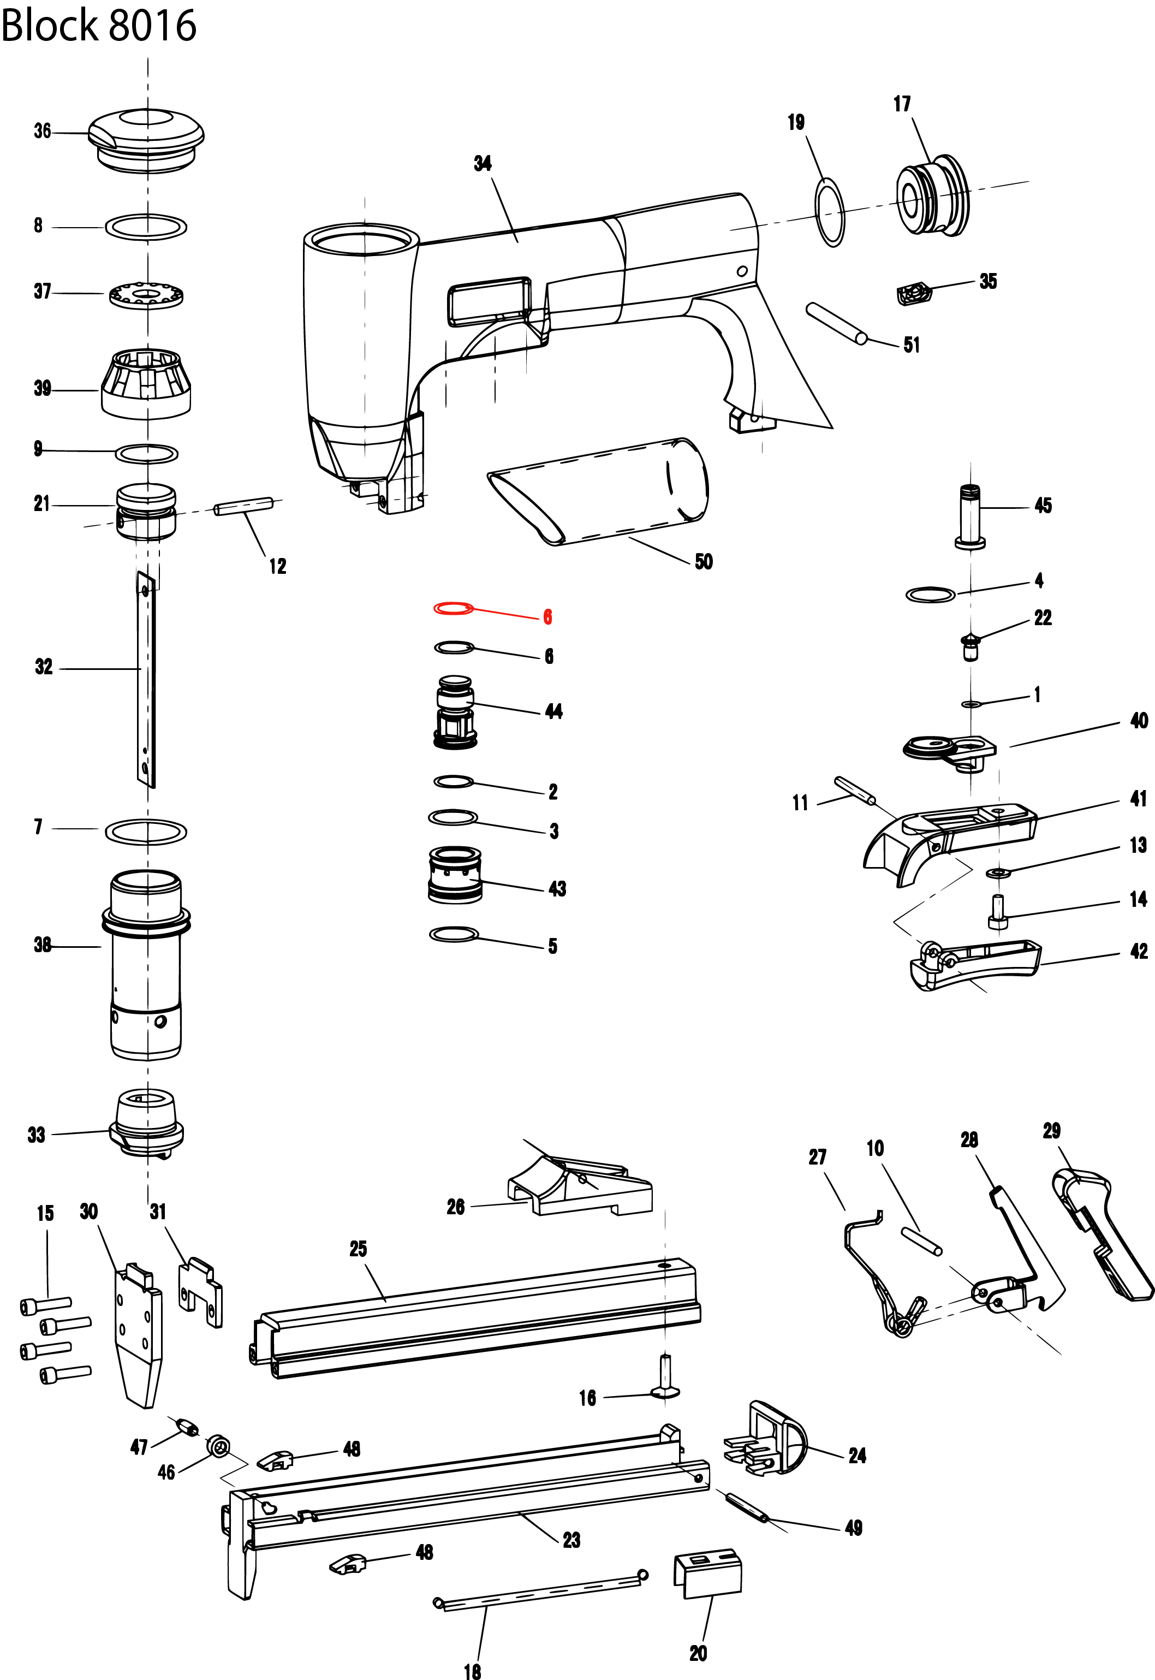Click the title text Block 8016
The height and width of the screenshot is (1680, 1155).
coord(99,26)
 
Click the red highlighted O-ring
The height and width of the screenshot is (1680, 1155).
coord(453,609)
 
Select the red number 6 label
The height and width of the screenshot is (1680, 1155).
coord(548,617)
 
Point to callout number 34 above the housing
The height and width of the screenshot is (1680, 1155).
coord(483,164)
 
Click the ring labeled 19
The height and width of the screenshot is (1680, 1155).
coord(830,212)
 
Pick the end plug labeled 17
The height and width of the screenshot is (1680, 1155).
coord(931,195)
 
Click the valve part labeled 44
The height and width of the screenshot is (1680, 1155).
coord(455,713)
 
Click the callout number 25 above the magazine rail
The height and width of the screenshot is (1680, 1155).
coord(358,1249)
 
